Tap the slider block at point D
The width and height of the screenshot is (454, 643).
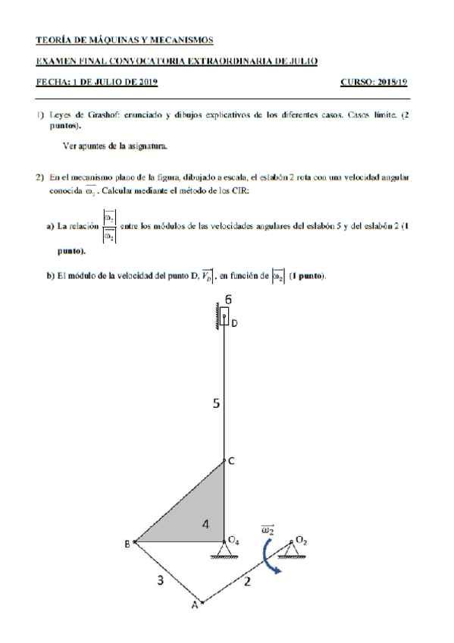tap(225, 316)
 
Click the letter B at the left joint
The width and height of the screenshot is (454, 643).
tap(127, 543)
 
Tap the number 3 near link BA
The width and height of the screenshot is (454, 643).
tap(160, 581)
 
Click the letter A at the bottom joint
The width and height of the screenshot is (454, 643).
tap(193, 605)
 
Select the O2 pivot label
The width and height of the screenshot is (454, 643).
tap(301, 540)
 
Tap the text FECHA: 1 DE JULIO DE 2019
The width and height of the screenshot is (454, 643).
tap(97, 81)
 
